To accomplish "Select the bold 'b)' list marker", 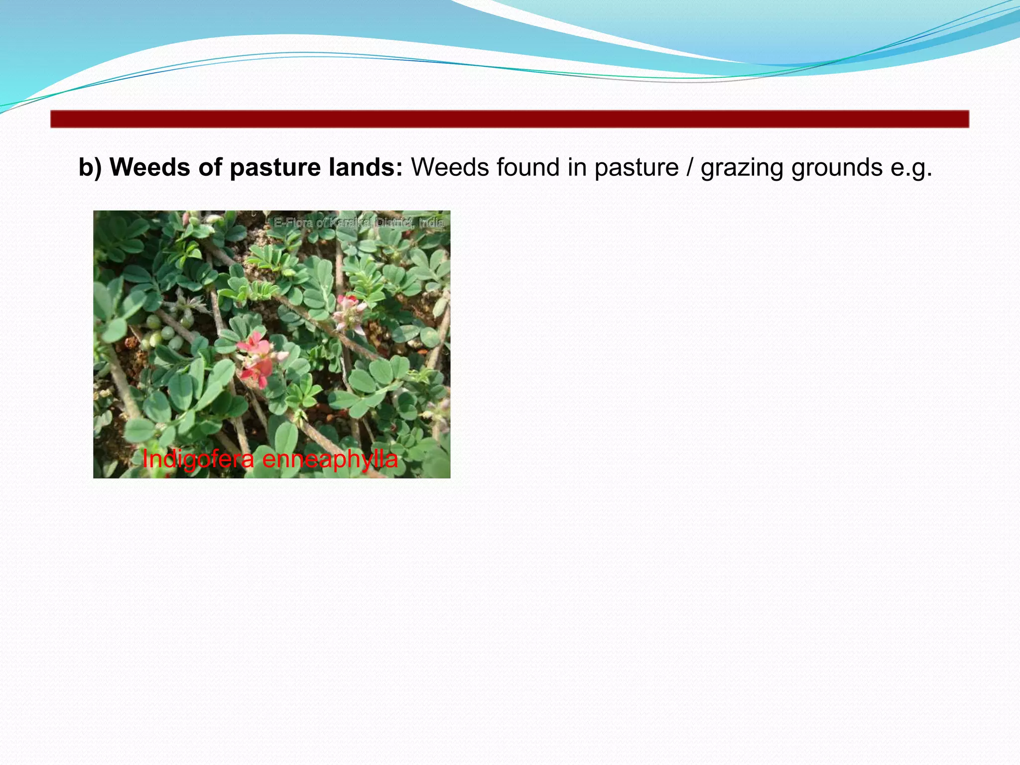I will [90, 167].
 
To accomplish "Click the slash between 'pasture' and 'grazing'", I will [689, 167].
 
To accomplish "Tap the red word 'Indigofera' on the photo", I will [198, 459].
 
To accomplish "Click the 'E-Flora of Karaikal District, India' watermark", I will [359, 223].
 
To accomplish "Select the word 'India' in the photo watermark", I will [431, 223].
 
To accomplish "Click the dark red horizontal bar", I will [510, 120].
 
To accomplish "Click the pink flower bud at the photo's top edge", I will [187, 218].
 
